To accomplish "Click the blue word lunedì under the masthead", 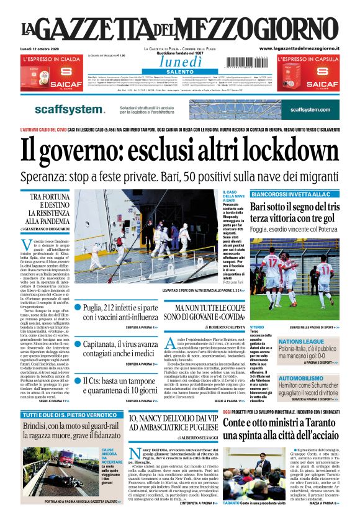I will click(179, 61).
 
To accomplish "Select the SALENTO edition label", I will click(179, 72).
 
